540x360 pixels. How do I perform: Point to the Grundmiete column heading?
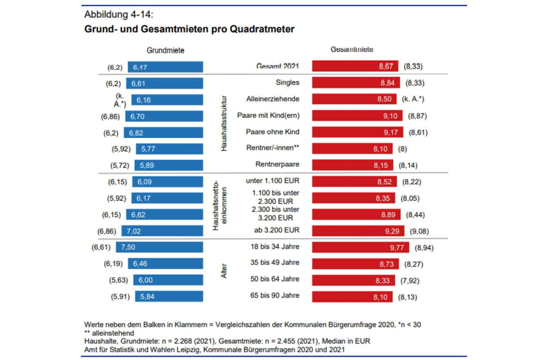[166, 50]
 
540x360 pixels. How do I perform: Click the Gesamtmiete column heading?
[352, 50]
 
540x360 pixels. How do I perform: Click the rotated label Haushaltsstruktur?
[224, 123]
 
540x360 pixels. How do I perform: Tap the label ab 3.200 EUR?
[278, 230]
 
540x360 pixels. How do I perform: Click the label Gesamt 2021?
[278, 66]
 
